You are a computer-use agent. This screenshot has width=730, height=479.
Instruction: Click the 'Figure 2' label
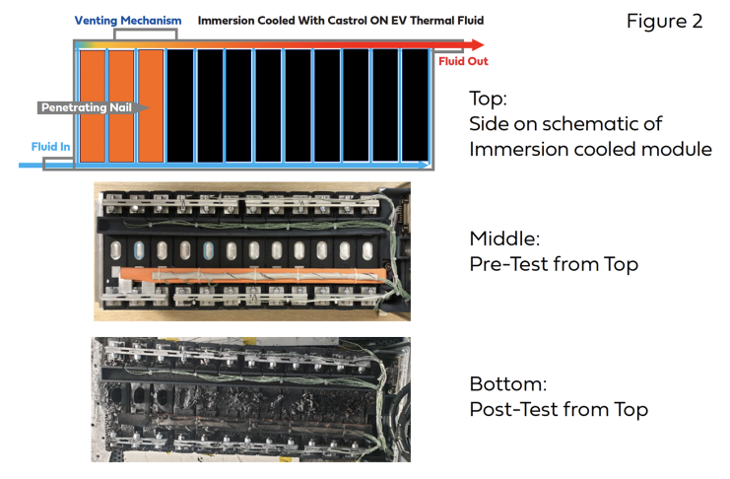664,21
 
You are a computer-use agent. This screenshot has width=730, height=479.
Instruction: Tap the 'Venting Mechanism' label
128,19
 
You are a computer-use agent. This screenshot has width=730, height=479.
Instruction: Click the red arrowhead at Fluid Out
477,44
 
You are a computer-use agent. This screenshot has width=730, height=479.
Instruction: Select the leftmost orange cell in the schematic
91,104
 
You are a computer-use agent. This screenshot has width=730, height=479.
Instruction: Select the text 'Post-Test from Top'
558,409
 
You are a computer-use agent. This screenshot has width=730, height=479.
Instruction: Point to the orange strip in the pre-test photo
246,270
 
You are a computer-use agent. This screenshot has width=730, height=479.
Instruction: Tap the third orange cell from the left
151,104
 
